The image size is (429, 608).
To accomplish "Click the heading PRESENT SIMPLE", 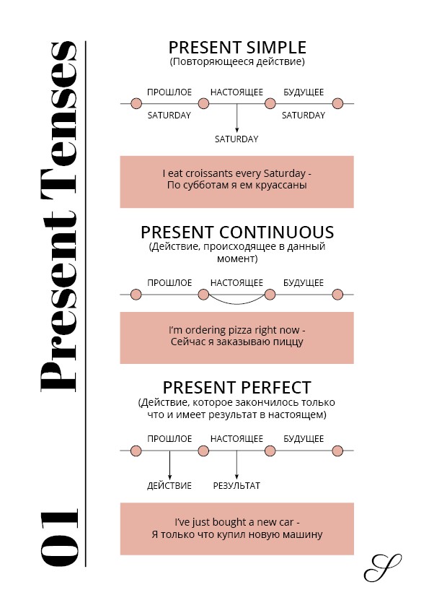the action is (237, 48).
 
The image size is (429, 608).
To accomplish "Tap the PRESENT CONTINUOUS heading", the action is (237, 233).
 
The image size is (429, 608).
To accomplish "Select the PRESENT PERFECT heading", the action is (237, 387).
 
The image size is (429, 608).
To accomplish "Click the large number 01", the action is (60, 537).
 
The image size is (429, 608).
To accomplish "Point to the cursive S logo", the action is (382, 568).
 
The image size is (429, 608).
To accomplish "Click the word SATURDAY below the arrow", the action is (236, 139).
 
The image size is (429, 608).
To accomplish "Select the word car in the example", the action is (286, 522).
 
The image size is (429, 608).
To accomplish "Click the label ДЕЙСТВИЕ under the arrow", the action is (169, 485).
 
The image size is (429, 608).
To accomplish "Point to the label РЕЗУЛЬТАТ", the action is (236, 485).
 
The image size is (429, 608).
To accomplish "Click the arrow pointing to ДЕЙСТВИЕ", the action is (169, 465).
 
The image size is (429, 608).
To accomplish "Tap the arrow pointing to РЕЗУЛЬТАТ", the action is (236, 465).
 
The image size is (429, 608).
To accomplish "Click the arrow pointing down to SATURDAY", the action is (236, 118).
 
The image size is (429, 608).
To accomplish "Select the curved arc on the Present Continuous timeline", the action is (236, 303).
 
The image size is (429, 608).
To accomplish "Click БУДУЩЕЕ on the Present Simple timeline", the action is (304, 92).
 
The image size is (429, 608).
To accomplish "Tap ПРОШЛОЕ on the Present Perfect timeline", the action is (169, 438).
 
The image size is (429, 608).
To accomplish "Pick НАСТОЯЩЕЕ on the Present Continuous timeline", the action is (236, 282).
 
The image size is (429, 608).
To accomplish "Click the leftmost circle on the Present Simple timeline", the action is (136, 103).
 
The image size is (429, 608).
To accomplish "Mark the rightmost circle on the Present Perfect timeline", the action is (337, 451).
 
